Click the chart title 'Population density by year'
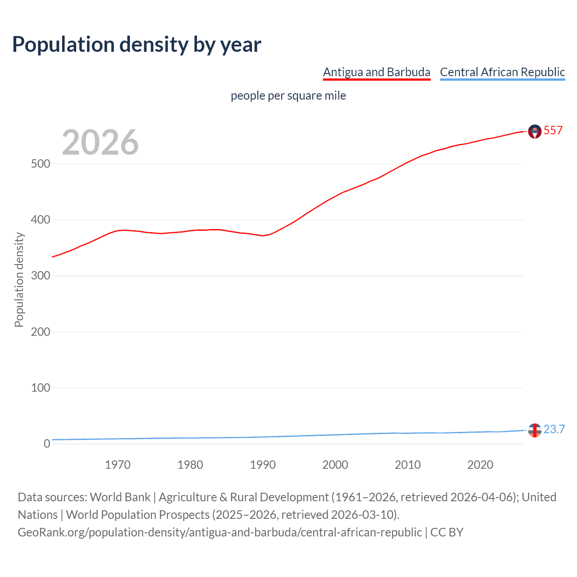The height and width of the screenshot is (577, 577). coord(137,45)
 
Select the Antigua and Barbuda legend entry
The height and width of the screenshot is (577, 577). coord(376,72)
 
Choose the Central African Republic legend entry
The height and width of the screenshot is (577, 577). coord(502,72)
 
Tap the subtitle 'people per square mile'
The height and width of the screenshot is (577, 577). coord(288,96)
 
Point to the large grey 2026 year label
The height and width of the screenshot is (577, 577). coord(100,142)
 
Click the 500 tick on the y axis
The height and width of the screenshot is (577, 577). coord(41,164)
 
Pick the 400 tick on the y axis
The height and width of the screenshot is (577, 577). coord(41,220)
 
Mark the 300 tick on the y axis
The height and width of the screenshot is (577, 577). coord(41,276)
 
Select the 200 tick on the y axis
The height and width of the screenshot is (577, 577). coord(41,332)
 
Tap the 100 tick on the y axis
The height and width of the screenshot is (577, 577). coord(41,388)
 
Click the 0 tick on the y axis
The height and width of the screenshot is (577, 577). coord(47,444)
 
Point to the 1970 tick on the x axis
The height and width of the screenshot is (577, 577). coord(118,465)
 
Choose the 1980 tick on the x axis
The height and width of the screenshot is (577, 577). coord(190,465)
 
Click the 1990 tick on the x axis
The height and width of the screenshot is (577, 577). coord(263,465)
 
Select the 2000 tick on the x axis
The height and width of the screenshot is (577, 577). coord(335,465)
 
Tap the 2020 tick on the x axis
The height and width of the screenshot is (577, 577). coord(480,465)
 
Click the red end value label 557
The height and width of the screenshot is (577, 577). coord(553,131)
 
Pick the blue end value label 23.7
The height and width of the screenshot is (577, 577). coord(554,429)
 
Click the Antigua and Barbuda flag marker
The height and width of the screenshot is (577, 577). coord(535,132)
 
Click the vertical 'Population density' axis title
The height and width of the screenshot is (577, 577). coord(19,279)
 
